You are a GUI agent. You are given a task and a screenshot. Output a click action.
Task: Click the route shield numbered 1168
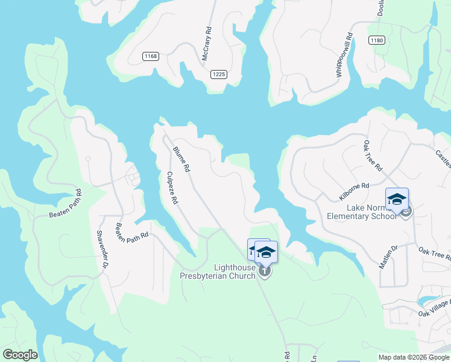pos(151,57)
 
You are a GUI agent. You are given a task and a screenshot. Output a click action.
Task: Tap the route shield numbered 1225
pos(219,74)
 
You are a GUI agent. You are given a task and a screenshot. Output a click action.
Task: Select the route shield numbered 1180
pos(377,40)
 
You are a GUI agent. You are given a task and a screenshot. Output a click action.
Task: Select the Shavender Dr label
pos(103,249)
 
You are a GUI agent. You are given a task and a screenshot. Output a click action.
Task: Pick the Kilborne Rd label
pos(354,191)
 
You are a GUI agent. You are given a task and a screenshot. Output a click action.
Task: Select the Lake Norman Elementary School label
pos(362,211)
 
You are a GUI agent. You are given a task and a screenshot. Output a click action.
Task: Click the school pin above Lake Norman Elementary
pos(397,200)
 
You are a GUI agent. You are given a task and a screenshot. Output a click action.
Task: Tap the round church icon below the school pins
pos(265,272)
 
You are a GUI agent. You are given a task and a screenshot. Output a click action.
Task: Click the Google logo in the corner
pos(19,355)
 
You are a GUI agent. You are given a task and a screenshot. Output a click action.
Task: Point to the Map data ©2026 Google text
pos(414,357)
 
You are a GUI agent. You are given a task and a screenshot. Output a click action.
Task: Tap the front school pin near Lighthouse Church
pos(265,252)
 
